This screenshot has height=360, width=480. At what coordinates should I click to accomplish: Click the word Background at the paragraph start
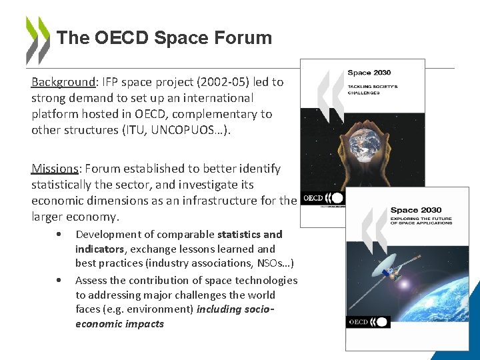(63, 82)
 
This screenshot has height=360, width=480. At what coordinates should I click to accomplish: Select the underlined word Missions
(55, 169)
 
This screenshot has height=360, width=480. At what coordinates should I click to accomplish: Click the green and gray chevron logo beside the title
(37, 39)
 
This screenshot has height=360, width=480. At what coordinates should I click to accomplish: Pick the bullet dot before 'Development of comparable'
(60, 235)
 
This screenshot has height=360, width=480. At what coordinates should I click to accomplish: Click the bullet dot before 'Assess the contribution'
(60, 281)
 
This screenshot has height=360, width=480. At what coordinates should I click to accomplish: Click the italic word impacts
(144, 324)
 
